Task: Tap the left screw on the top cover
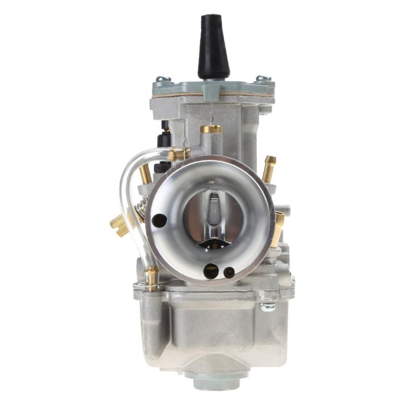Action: tap(163, 79)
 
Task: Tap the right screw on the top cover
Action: tap(263, 78)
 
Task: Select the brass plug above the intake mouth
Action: tap(211, 129)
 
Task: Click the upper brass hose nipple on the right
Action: tap(269, 169)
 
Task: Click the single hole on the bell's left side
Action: tap(160, 220)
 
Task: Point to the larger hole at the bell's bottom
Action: tap(211, 271)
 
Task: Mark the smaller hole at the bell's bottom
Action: tap(229, 272)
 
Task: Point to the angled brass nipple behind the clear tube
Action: tap(146, 174)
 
